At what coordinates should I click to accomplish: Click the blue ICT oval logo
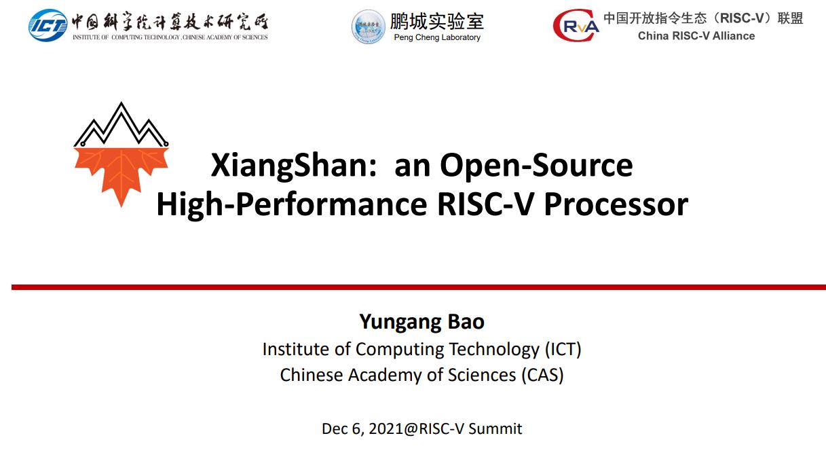pos(48,26)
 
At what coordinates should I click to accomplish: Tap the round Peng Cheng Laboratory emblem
pos(369,26)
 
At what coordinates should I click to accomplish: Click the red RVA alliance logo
pos(576,26)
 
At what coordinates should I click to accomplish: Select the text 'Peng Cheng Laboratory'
pos(437,38)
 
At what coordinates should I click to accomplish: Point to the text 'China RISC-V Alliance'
pos(696,36)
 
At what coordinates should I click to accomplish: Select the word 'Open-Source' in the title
pos(536,165)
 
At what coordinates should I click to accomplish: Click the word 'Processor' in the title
pos(616,204)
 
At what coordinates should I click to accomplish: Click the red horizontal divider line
pos(418,287)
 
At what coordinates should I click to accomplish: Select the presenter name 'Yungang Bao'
pos(421,321)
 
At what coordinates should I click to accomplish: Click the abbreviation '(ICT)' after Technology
pos(563,349)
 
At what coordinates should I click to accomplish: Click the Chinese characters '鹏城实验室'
pos(436,20)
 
